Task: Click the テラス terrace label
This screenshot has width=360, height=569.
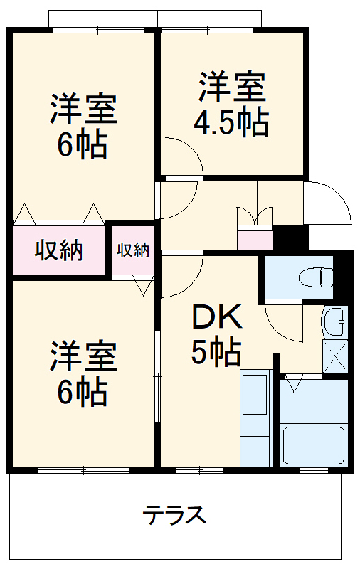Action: (x=174, y=514)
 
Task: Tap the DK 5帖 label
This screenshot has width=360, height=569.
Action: (x=216, y=334)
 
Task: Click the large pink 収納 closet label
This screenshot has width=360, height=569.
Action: (x=59, y=250)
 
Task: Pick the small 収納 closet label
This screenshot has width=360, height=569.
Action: (x=133, y=250)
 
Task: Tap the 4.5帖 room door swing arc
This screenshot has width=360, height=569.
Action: (x=182, y=156)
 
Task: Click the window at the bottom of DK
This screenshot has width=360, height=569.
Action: (x=200, y=469)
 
